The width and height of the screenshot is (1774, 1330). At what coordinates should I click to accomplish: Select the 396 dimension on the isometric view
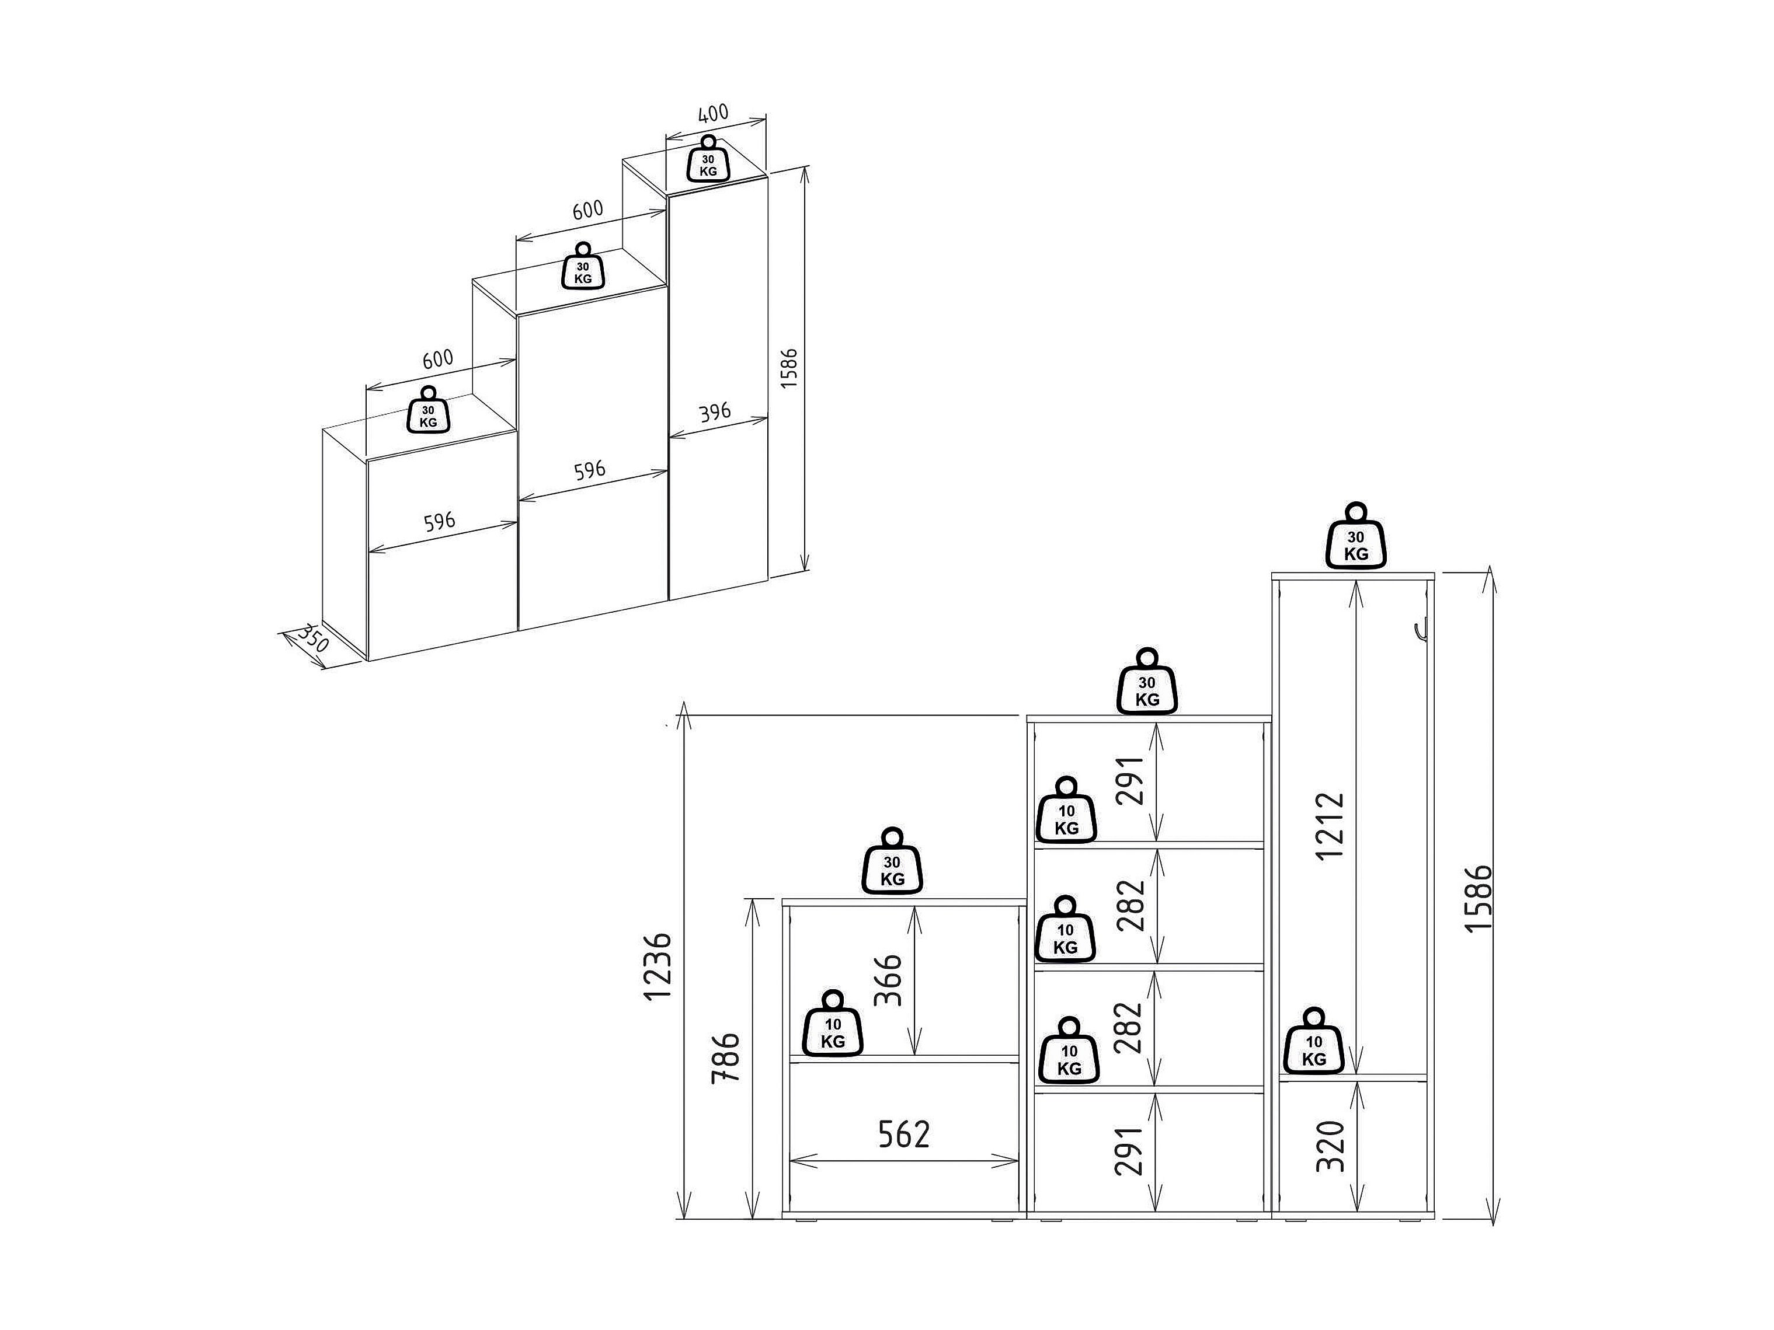[715, 413]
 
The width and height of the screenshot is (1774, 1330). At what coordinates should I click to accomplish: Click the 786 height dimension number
[726, 1058]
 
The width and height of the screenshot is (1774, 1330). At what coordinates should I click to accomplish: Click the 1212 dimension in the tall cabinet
[1330, 825]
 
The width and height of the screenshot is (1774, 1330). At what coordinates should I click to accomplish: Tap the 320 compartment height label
[1330, 1146]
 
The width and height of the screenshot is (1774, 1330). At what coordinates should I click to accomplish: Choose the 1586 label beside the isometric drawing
[790, 368]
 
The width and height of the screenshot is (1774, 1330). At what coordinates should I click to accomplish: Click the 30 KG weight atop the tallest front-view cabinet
[1356, 536]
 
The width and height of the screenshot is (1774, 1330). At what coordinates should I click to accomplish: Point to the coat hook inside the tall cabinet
[1420, 633]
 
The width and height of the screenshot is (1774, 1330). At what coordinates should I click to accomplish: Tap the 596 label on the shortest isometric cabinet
[440, 522]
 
